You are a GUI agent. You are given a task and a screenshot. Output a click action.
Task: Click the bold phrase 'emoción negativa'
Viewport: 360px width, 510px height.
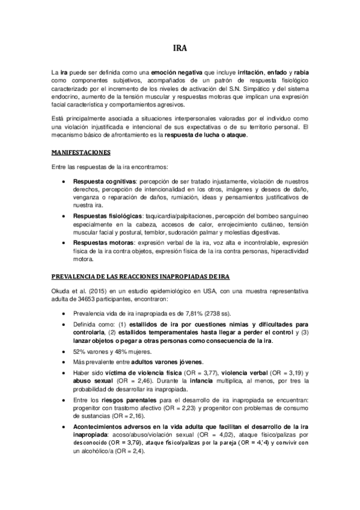[176, 72]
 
